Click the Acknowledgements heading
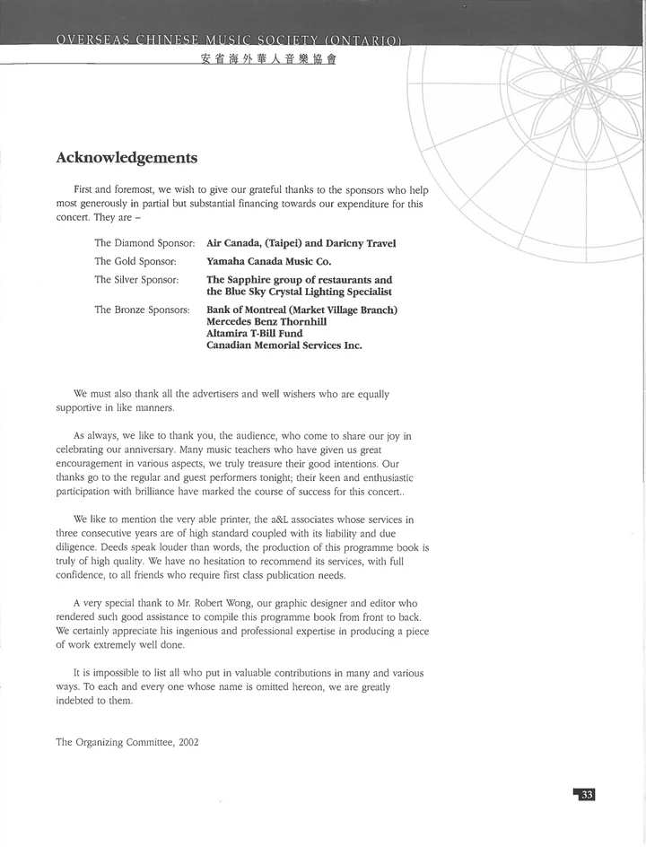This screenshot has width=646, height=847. point(127,158)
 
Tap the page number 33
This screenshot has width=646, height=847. point(586,795)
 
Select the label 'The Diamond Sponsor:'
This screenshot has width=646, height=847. point(144,243)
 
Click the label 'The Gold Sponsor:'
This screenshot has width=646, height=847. point(135,261)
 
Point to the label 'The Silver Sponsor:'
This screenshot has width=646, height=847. point(136,280)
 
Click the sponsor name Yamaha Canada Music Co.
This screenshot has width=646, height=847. point(268,261)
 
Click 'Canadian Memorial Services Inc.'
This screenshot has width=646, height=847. point(284,345)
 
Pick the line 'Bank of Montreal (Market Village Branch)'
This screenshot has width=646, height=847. point(301,310)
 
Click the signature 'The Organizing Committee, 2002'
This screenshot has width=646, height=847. point(127,742)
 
